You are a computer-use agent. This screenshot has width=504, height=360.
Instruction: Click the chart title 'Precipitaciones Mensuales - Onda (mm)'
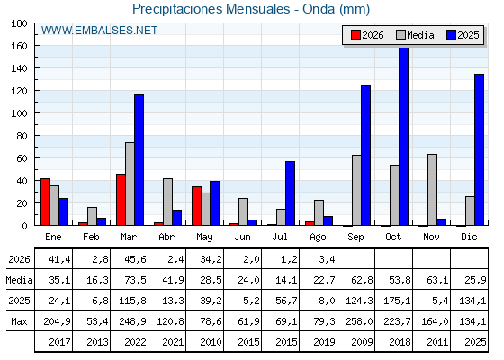[x=251, y=9]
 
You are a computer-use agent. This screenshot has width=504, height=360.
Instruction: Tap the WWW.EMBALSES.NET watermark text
[x=99, y=31]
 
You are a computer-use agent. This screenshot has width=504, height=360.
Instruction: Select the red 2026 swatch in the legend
[x=355, y=35]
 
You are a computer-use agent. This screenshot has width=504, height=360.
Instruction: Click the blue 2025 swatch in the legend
[x=451, y=35]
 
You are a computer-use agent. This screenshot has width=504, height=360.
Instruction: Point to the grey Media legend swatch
[x=401, y=35]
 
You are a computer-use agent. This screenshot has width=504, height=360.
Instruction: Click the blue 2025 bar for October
[x=404, y=136]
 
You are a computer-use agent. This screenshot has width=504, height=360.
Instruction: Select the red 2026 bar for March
[x=121, y=200]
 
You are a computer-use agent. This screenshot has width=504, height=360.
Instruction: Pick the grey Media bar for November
[x=432, y=190]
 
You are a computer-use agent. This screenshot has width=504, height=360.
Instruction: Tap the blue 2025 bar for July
[x=290, y=193]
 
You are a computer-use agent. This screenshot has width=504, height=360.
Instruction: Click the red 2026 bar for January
[x=45, y=202]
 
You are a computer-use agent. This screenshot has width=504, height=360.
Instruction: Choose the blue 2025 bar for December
[x=479, y=149]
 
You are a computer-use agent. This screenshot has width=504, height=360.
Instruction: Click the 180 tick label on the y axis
[x=20, y=23]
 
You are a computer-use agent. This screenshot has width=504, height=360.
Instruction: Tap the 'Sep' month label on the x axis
[x=355, y=237]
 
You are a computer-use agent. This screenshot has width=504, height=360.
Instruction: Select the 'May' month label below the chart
[x=205, y=238]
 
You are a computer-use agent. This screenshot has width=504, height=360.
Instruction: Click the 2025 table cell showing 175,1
[x=397, y=301]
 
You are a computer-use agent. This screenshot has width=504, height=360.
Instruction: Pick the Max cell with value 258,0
[x=359, y=321]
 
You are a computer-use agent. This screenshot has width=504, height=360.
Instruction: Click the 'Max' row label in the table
[x=19, y=321]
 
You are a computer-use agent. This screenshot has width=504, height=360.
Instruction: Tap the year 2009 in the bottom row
[x=362, y=342]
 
